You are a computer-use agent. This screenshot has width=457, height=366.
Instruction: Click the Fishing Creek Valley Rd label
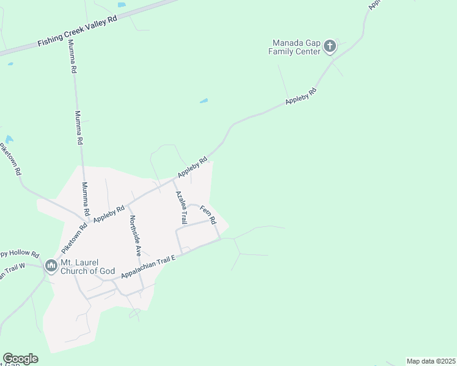[x=77, y=32]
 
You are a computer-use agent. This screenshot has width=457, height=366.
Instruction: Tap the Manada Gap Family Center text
[x=294, y=48]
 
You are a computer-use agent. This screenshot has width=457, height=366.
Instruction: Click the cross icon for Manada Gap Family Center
[x=330, y=46]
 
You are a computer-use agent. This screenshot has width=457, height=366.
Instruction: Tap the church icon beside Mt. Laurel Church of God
[x=49, y=265]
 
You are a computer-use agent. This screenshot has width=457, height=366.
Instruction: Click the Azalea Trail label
[x=181, y=207]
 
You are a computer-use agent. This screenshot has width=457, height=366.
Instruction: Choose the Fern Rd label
[x=208, y=215]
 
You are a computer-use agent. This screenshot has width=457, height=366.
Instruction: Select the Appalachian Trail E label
[x=148, y=267]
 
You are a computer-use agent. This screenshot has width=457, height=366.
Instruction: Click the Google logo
[x=20, y=359]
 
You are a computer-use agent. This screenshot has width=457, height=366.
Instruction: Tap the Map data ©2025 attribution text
[x=431, y=361]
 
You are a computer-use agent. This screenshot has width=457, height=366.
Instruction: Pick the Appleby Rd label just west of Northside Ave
[x=109, y=214]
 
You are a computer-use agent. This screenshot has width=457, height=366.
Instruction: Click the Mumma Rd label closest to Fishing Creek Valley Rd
[x=72, y=57]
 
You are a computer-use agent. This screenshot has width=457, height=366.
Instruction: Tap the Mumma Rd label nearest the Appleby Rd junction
[x=86, y=199]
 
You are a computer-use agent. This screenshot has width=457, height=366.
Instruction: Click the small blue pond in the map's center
[x=203, y=101]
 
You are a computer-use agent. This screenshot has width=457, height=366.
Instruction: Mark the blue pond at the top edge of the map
[x=122, y=4]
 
